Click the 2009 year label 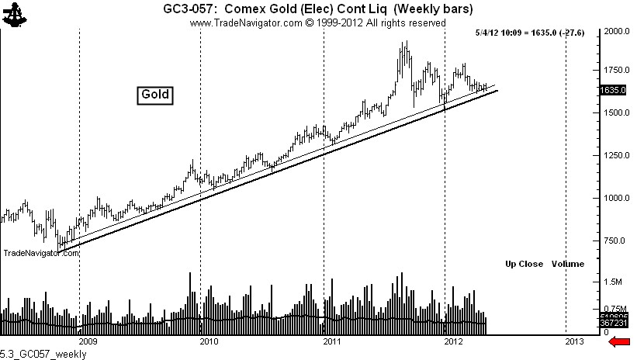88,341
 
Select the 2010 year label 209,341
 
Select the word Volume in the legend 567,264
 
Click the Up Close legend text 524,264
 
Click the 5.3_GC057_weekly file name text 43,354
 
